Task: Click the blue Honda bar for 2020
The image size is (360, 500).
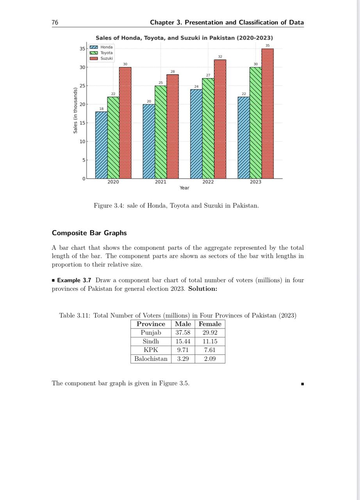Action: pyautogui.click(x=101, y=145)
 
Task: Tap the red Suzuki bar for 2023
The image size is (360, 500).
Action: pyautogui.click(x=267, y=113)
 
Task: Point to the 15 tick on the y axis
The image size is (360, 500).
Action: pyautogui.click(x=82, y=123)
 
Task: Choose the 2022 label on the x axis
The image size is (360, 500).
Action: pyautogui.click(x=208, y=182)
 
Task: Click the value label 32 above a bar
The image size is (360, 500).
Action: pyautogui.click(x=220, y=57)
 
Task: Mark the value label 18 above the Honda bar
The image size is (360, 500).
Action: pyautogui.click(x=102, y=109)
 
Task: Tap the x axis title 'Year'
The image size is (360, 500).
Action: pyautogui.click(x=184, y=188)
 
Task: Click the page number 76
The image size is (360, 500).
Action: pyautogui.click(x=55, y=23)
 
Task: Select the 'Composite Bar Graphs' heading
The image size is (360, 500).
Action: pyautogui.click(x=89, y=233)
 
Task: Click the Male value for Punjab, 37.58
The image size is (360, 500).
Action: pyautogui.click(x=183, y=333)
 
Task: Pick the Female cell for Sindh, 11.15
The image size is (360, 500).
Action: pyautogui.click(x=210, y=341)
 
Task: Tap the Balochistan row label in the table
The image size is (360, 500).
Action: pyautogui.click(x=151, y=359)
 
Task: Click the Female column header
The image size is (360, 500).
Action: pyautogui.click(x=210, y=324)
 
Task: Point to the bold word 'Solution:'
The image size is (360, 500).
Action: pyautogui.click(x=203, y=289)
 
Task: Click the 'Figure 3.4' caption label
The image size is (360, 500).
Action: pyautogui.click(x=109, y=205)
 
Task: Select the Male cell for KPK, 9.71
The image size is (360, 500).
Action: pyautogui.click(x=183, y=350)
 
